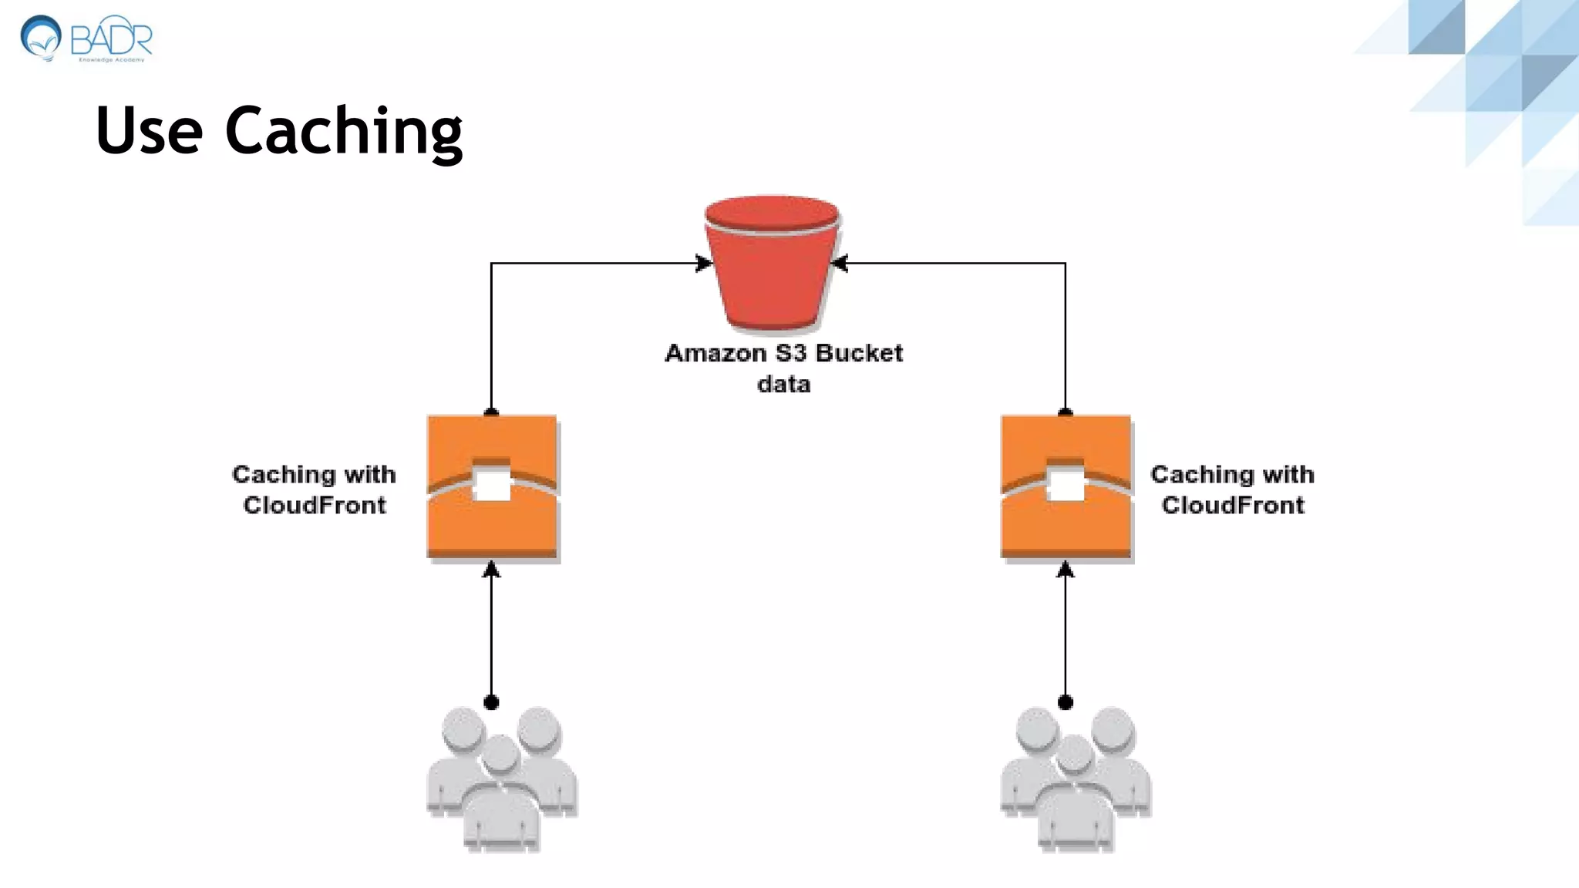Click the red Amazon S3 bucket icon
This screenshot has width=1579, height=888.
(x=772, y=266)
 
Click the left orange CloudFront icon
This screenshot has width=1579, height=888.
(x=493, y=486)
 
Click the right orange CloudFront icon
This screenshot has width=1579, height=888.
(x=1066, y=486)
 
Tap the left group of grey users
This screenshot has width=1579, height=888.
(x=501, y=779)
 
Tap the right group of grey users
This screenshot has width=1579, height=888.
(x=1076, y=779)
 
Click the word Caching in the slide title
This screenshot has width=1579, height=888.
(x=344, y=131)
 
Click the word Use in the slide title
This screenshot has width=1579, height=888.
(x=149, y=131)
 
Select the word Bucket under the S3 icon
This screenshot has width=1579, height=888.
(x=858, y=353)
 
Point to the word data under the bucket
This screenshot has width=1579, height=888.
(x=783, y=384)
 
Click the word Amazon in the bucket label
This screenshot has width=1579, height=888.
(x=715, y=353)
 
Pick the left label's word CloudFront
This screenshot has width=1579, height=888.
(x=315, y=506)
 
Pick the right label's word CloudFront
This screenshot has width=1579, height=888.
(x=1233, y=506)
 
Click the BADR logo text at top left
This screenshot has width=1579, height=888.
(x=112, y=39)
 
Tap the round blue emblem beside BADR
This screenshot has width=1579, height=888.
(x=41, y=37)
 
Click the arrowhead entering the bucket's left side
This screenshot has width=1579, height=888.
(x=703, y=264)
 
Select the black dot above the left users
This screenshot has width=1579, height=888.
(x=491, y=702)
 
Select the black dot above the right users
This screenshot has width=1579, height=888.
(x=1066, y=702)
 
